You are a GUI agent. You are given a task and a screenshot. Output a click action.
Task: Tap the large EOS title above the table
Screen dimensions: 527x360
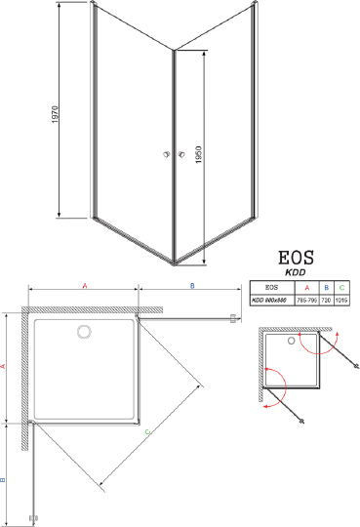point(296,260)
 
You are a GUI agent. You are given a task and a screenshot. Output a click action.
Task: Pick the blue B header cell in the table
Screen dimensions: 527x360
point(328,288)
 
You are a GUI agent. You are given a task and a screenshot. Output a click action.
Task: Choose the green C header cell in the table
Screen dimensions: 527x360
point(342,288)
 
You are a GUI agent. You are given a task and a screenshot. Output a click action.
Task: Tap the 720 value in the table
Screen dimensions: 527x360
point(328,301)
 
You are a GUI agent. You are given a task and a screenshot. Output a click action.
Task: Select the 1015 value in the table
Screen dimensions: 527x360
point(342,301)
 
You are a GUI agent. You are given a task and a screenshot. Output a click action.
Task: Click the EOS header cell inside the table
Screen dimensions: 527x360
point(271,288)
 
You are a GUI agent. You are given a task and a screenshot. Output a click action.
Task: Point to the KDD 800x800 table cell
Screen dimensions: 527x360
point(271,301)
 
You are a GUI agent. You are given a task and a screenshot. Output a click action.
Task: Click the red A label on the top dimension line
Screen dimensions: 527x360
point(85,285)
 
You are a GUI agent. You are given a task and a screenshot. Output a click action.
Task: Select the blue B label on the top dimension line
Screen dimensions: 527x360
point(191,285)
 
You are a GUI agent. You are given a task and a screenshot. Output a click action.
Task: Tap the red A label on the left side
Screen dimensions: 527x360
point(7,366)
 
